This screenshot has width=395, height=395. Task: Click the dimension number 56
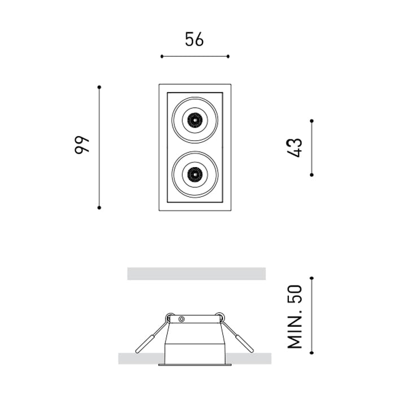click(194, 39)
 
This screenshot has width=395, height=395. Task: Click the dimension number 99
click(82, 145)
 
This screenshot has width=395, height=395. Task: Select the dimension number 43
click(294, 148)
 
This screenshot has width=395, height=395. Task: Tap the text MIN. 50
click(295, 317)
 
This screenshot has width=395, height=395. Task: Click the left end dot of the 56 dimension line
click(162, 56)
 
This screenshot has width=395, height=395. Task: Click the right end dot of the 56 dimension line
click(228, 56)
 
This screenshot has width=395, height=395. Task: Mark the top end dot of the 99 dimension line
click(99, 87)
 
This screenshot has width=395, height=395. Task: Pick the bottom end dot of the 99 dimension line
click(99, 208)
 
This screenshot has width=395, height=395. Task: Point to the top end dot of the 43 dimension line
click(311, 121)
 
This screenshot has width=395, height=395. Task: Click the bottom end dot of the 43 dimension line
click(311, 175)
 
